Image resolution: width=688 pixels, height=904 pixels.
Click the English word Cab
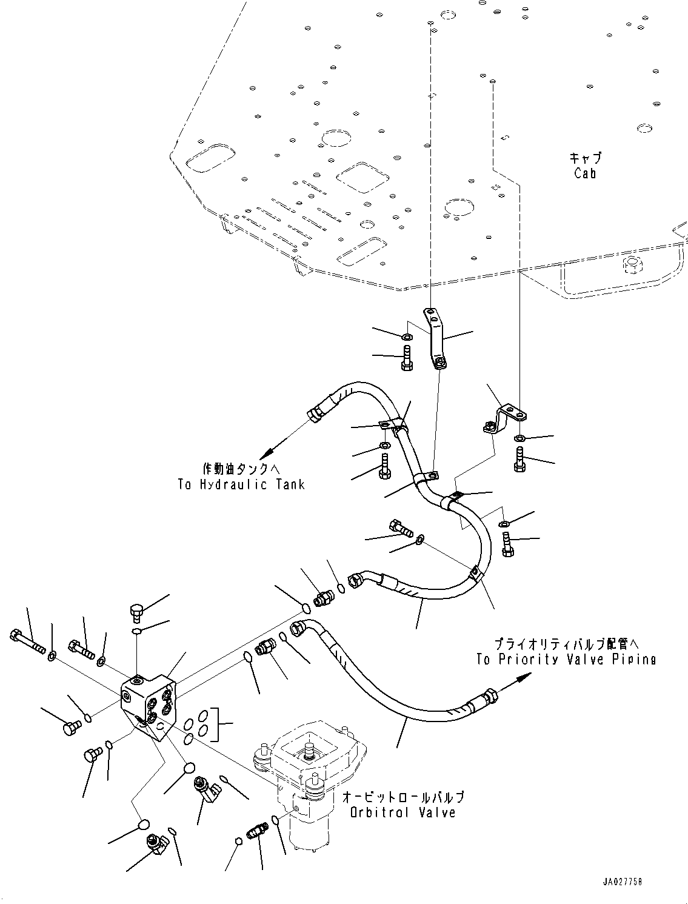585,173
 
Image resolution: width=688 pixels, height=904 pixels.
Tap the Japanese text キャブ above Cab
585,158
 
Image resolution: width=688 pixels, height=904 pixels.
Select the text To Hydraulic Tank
241,484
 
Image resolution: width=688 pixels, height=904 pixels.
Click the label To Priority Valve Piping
566,660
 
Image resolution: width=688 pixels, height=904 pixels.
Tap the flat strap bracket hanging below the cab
435,336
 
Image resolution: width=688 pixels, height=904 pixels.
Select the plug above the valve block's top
136,612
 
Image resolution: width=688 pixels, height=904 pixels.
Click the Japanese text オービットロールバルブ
403,797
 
